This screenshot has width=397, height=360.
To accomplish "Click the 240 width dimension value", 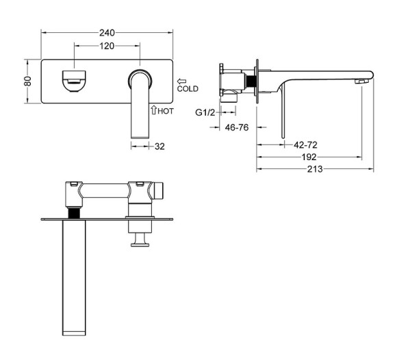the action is pos(107,33).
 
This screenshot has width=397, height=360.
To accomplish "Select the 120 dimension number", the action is pos(107,46).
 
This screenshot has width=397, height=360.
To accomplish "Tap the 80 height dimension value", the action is pos(28,81).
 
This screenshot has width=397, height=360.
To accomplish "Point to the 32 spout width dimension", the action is pos(159,146).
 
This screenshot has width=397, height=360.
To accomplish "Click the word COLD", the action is pos(188,89).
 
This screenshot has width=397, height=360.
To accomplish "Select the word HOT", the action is pos(166,111).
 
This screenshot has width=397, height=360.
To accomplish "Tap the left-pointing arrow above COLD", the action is pos(181,81).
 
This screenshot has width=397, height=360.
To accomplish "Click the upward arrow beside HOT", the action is pos(153,110).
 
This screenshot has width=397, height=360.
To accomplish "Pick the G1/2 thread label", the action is pos(205,112).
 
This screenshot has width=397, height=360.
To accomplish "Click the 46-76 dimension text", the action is pos(237,127).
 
